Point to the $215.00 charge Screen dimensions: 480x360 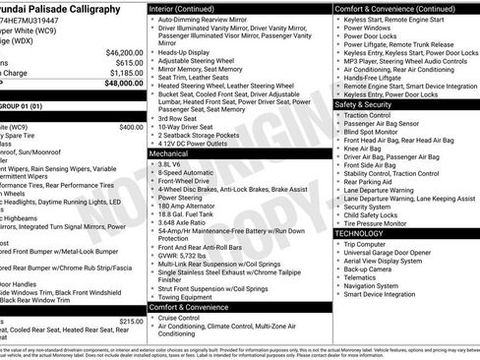click(x=131, y=322)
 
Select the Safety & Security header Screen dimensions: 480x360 click(x=363, y=103)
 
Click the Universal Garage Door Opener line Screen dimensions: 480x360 click(x=391, y=252)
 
